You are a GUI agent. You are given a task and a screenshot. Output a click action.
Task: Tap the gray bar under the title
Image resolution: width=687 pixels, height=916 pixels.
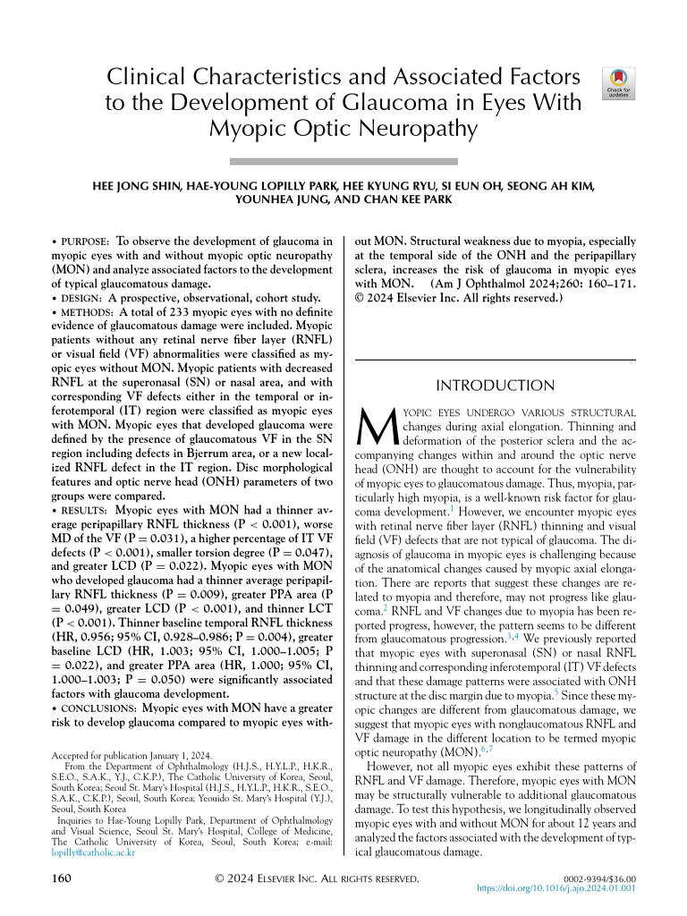coord(343,161)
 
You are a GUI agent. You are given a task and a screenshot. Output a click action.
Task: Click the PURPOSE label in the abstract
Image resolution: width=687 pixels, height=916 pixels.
coord(85,242)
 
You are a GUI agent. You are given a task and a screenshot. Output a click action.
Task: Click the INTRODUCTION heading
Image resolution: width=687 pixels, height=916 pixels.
coord(495,386)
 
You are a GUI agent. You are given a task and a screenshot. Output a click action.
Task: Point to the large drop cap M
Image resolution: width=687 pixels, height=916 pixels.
coord(378,429)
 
